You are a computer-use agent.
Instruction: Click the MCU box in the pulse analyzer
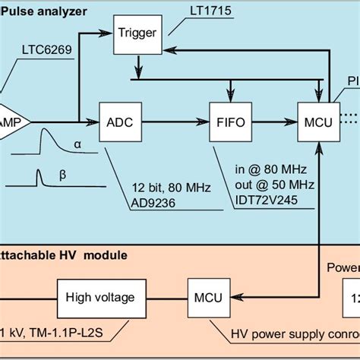pyautogui.click(x=317, y=121)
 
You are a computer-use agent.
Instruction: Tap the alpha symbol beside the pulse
pyautogui.click(x=78, y=144)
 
